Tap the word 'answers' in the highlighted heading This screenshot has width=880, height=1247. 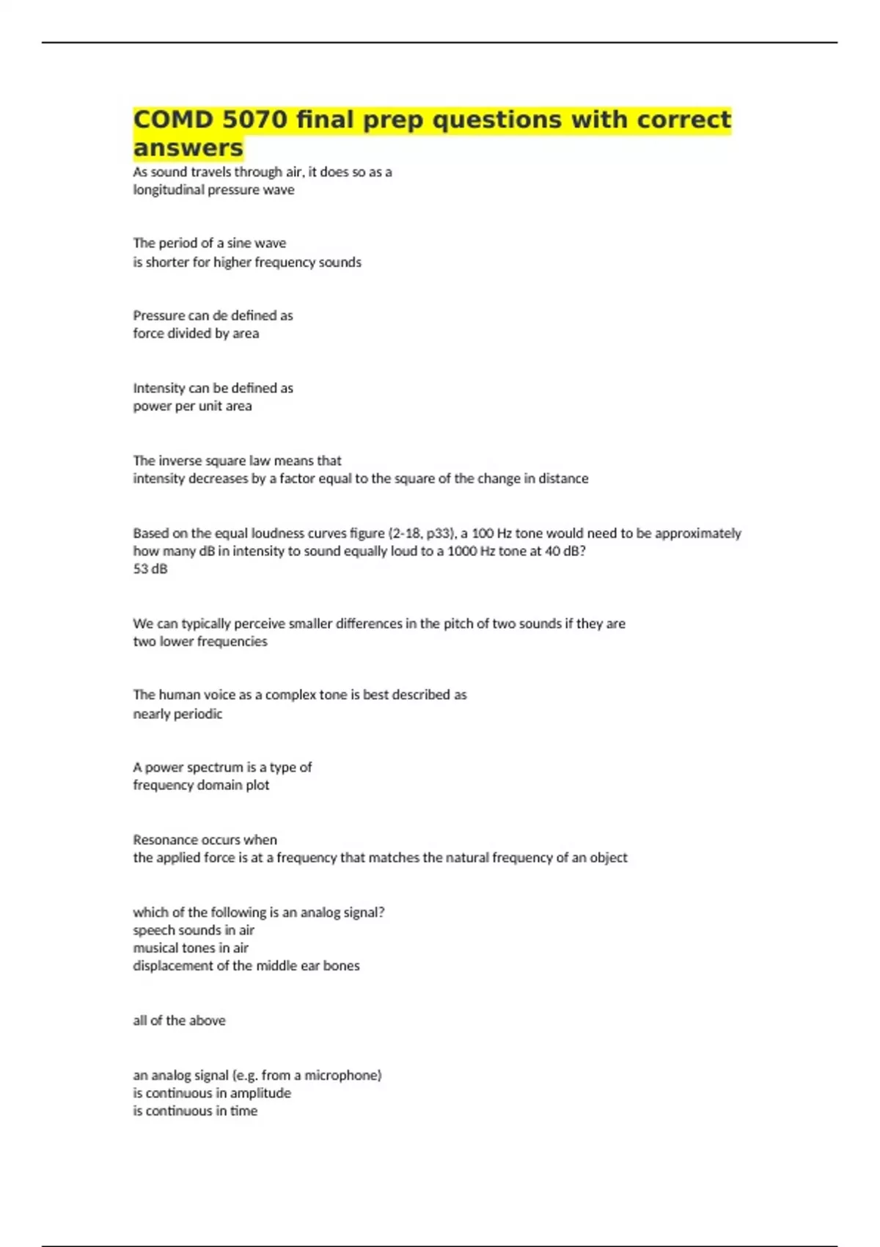pyautogui.click(x=188, y=147)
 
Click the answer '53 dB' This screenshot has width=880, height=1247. pyautogui.click(x=150, y=569)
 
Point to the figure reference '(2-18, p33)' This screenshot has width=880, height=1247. pyautogui.click(x=422, y=533)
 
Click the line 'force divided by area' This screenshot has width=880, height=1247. pyautogui.click(x=196, y=334)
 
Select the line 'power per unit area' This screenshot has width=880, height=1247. pyautogui.click(x=192, y=406)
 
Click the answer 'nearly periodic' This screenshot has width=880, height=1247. pyautogui.click(x=177, y=714)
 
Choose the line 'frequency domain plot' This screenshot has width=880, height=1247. pyautogui.click(x=201, y=785)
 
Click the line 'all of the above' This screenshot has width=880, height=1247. pyautogui.click(x=179, y=1020)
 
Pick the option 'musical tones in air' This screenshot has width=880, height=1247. pyautogui.click(x=191, y=948)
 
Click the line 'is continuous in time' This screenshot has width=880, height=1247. pyautogui.click(x=195, y=1111)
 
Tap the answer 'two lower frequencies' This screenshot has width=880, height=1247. pyautogui.click(x=200, y=642)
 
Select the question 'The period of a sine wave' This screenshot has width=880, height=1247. pyautogui.click(x=210, y=244)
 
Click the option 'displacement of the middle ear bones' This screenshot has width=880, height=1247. pyautogui.click(x=246, y=966)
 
